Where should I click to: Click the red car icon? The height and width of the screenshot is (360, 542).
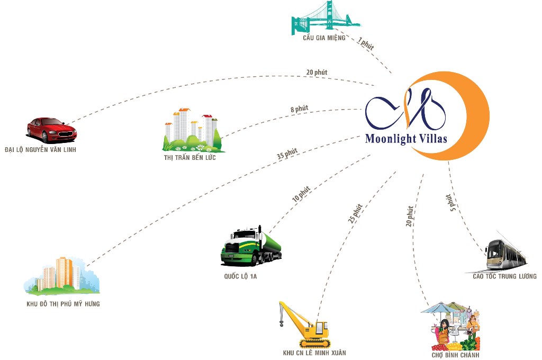click(x=51, y=130)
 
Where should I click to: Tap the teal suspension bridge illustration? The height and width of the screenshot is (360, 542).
click(x=324, y=18)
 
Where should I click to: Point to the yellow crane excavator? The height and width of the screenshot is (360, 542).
click(x=305, y=324)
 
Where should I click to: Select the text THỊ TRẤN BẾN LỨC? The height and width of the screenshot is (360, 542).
click(x=190, y=158)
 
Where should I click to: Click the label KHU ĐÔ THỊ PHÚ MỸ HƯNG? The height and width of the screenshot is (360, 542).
click(x=63, y=304)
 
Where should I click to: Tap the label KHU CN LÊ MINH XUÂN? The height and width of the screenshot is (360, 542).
click(x=314, y=353)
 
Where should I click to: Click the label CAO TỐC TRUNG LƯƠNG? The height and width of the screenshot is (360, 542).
click(x=504, y=276)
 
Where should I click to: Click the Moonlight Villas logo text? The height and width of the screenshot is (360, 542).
click(x=406, y=139)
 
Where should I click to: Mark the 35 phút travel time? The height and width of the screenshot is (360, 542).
click(x=287, y=154)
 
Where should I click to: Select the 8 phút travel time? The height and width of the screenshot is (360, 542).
click(x=299, y=109)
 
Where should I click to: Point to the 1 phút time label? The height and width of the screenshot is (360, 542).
click(x=365, y=44)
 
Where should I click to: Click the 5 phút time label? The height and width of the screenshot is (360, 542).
click(x=450, y=203)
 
